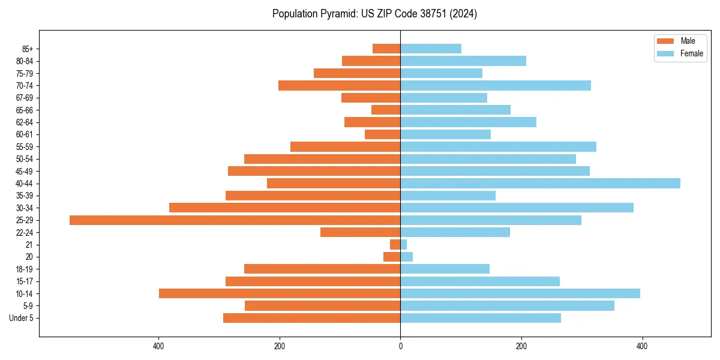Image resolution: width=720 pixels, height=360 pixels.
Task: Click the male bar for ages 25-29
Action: (x=235, y=220)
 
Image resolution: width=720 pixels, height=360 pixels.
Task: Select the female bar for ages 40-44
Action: (x=540, y=184)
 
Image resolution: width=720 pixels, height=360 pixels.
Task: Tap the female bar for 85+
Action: (x=431, y=49)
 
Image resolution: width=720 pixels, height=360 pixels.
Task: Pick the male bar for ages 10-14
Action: (x=280, y=293)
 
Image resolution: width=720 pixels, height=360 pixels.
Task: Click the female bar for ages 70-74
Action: (x=496, y=86)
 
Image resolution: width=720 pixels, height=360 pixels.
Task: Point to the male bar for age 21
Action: (x=395, y=245)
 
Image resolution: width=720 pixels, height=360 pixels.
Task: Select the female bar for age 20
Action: (x=407, y=257)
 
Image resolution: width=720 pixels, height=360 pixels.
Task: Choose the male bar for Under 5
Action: (x=312, y=318)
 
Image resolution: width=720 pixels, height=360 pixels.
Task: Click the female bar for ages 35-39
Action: (x=448, y=196)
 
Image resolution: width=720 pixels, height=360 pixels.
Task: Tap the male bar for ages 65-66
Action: (x=386, y=110)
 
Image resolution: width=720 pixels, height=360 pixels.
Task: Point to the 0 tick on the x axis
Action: (x=400, y=347)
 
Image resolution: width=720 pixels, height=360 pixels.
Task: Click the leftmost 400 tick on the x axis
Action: (x=159, y=347)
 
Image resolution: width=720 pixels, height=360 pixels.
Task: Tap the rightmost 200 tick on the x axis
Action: (x=521, y=347)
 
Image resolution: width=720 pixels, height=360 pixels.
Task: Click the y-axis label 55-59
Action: (x=25, y=147)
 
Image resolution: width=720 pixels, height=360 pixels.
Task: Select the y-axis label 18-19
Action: (x=25, y=269)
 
